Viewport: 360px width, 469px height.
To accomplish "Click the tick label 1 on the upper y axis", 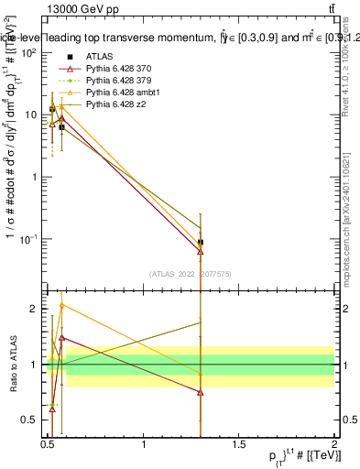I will click(x=34, y=177).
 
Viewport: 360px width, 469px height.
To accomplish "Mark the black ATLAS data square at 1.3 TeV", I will click(x=201, y=243).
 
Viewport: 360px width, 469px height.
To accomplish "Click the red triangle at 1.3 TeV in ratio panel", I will click(x=201, y=392).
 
